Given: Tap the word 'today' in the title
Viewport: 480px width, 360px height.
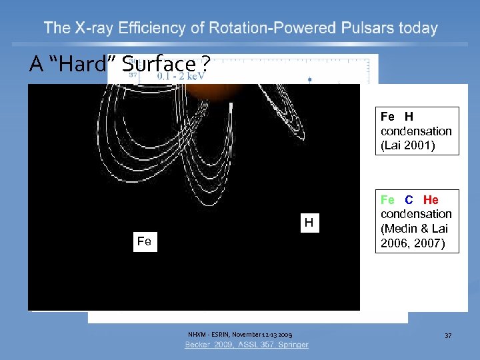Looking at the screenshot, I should (415, 29).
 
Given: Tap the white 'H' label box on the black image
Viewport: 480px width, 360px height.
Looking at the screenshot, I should (309, 223).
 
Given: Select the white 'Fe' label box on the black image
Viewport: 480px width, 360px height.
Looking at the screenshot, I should (144, 241).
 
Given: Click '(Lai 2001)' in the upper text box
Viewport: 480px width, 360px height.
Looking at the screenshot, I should (408, 145).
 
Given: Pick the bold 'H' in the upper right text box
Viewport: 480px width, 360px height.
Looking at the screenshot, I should (409, 117).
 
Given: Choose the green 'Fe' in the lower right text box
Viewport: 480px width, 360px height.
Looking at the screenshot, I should (387, 199).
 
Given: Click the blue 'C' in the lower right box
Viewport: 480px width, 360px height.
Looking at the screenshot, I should (409, 199).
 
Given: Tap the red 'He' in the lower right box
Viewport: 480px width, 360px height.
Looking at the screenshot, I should (431, 199).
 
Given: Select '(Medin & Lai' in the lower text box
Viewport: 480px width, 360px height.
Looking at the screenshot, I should (414, 229).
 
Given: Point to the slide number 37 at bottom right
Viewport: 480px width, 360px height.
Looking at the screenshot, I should (448, 335).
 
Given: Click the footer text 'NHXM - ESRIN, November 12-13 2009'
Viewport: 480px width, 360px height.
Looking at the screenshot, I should (239, 334).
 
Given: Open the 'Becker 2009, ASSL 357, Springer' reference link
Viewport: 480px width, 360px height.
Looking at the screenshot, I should (247, 345).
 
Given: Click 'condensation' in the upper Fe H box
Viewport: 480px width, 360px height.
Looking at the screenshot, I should (416, 131).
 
